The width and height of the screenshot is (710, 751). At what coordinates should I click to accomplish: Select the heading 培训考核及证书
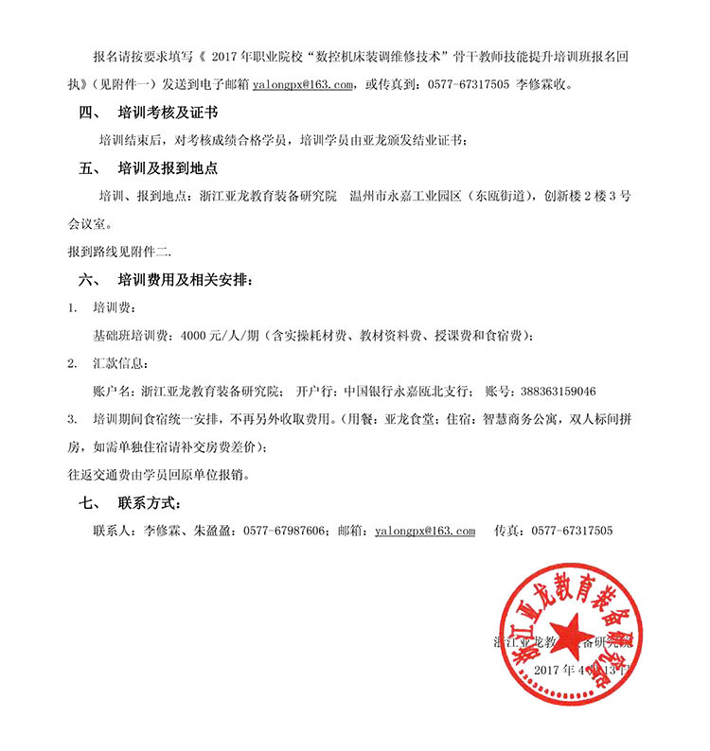tap(168, 112)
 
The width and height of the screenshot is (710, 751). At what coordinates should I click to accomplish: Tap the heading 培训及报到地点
tap(168, 169)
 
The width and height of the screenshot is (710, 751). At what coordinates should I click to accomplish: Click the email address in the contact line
tap(425, 531)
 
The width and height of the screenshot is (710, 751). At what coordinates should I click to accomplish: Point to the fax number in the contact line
tap(572, 531)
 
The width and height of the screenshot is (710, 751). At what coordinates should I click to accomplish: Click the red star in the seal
tap(574, 634)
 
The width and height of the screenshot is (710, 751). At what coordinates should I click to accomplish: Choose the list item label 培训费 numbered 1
tap(111, 308)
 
